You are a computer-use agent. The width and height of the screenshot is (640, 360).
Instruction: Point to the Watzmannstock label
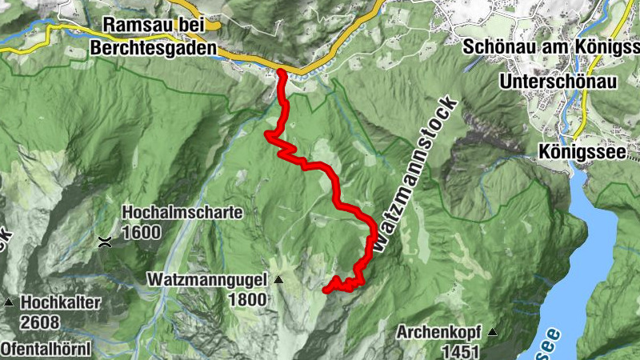click(x=417, y=176)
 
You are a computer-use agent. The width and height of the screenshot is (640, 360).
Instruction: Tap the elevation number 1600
click(x=142, y=233)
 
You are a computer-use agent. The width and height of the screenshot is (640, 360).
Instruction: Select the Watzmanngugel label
click(x=209, y=280)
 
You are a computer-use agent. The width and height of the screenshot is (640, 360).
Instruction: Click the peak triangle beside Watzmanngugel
click(x=278, y=280)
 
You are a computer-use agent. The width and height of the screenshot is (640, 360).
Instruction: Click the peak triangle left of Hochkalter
click(x=9, y=302)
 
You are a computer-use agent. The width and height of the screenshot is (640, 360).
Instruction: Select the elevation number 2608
click(x=42, y=322)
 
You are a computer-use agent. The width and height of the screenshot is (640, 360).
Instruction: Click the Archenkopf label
click(x=441, y=332)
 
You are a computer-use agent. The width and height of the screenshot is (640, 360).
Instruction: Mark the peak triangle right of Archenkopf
click(x=493, y=332)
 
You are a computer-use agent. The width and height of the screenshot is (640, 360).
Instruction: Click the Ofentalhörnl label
click(x=46, y=350)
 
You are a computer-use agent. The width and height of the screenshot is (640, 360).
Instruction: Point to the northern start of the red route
click(x=282, y=73)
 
